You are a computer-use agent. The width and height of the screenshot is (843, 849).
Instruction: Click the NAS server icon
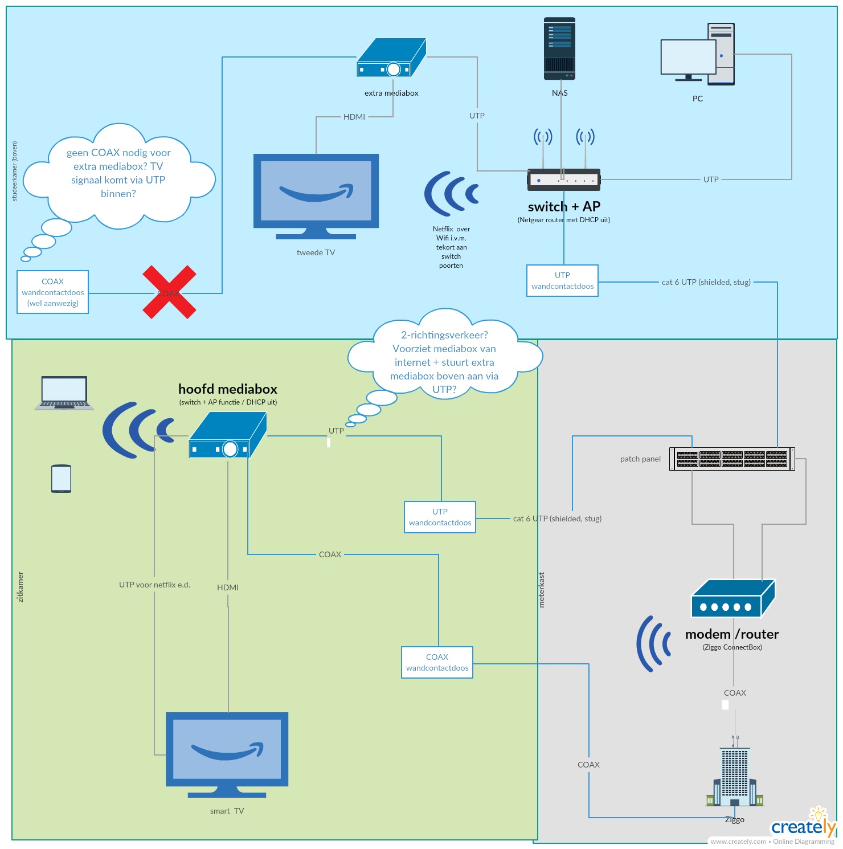click(559, 48)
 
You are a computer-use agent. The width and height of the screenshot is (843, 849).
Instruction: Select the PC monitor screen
click(688, 57)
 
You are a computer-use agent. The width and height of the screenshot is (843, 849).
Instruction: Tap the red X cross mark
click(169, 292)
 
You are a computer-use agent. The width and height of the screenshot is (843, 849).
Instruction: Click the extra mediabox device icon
click(391, 58)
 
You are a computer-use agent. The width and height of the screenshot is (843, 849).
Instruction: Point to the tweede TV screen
click(316, 191)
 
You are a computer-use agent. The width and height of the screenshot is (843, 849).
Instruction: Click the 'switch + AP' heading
click(564, 207)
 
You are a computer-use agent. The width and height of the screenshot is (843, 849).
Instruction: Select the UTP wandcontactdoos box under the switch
click(562, 280)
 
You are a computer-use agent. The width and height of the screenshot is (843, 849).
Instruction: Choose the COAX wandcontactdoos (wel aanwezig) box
click(53, 292)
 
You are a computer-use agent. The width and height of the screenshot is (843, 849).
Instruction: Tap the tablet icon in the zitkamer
click(61, 479)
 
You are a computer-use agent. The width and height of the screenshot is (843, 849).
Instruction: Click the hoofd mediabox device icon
click(228, 436)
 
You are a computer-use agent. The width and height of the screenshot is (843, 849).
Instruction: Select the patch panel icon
click(732, 459)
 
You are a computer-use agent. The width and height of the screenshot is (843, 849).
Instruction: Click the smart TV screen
click(227, 748)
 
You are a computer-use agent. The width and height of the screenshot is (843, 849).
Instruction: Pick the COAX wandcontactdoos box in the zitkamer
click(437, 662)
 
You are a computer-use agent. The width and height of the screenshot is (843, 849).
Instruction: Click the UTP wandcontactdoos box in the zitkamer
click(440, 517)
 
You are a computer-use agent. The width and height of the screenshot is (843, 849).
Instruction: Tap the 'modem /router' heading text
click(732, 634)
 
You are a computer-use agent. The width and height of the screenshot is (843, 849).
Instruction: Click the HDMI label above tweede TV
click(354, 117)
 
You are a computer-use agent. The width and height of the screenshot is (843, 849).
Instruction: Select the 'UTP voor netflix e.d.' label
click(154, 585)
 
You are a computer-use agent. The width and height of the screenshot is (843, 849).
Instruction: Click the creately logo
click(803, 827)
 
